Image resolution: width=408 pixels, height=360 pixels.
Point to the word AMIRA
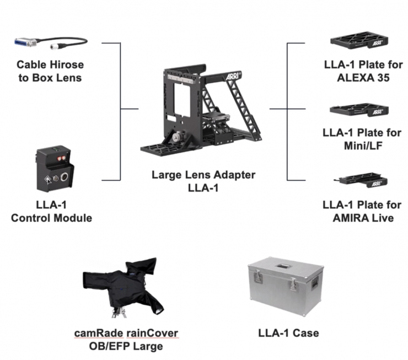point(348,218)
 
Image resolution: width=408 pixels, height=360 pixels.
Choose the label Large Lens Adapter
point(203,176)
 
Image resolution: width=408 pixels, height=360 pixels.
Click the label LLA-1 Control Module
point(52,212)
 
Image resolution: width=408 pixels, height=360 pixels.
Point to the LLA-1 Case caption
point(288,333)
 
